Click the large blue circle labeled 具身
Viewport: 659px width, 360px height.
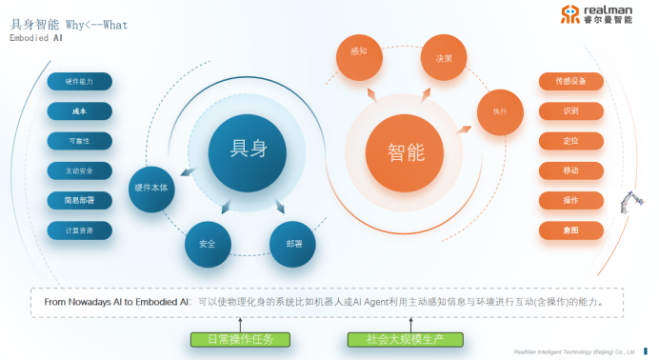coord(249,150)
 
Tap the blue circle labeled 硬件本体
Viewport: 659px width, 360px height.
coord(151,189)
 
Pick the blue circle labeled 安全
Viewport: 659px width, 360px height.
coord(207,243)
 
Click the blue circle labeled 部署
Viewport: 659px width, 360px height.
coord(292,243)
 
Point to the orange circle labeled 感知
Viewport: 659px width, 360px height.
coord(358,51)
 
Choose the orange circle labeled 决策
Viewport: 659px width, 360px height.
coord(444,56)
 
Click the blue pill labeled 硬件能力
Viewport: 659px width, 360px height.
coord(80,82)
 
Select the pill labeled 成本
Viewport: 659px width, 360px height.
coord(80,111)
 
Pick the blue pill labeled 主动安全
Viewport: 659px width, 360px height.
coord(80,170)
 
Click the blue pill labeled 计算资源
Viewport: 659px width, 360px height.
coord(80,230)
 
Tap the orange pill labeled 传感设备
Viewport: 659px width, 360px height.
coord(570,81)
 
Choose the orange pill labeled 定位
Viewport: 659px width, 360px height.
coord(570,140)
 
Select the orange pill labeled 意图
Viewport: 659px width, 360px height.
coord(570,230)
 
